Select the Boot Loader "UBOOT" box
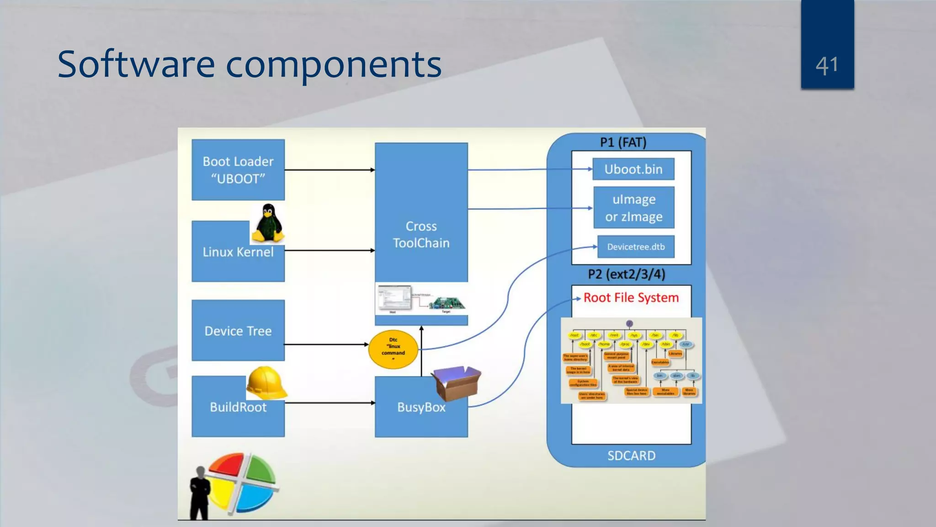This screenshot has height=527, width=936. pyautogui.click(x=238, y=170)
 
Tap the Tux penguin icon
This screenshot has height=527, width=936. pyautogui.click(x=268, y=224)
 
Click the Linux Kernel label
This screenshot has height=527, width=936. pyautogui.click(x=238, y=252)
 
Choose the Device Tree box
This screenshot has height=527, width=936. pyautogui.click(x=238, y=331)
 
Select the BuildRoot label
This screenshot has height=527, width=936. pyautogui.click(x=238, y=407)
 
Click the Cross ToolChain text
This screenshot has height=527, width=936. pyautogui.click(x=421, y=234)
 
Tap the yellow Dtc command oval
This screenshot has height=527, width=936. pyautogui.click(x=393, y=350)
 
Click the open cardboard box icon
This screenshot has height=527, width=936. pyautogui.click(x=456, y=383)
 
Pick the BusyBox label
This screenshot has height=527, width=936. pyautogui.click(x=421, y=407)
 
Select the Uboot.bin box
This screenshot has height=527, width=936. pyautogui.click(x=633, y=169)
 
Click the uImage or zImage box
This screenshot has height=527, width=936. pyautogui.click(x=633, y=208)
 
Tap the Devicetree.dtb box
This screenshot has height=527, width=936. pyautogui.click(x=636, y=247)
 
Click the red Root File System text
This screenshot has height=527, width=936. pyautogui.click(x=631, y=298)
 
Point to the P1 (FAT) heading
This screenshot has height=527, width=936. pyautogui.click(x=623, y=142)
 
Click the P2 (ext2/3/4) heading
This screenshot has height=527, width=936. pyautogui.click(x=626, y=274)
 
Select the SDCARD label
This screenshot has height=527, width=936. pyautogui.click(x=631, y=456)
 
